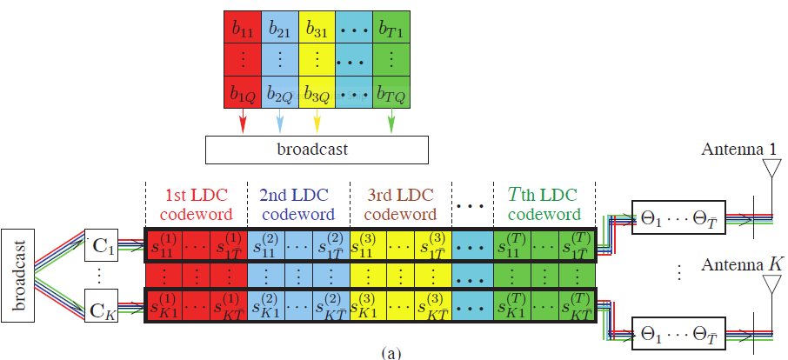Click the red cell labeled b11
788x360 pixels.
pyautogui.click(x=244, y=27)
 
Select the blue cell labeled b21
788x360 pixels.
pyautogui.click(x=280, y=27)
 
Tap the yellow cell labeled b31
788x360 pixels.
pyautogui.click(x=317, y=27)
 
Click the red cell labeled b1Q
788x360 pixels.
pyautogui.click(x=244, y=93)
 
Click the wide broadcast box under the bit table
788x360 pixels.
pyautogui.click(x=317, y=149)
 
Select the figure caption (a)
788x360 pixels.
pyautogui.click(x=391, y=353)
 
